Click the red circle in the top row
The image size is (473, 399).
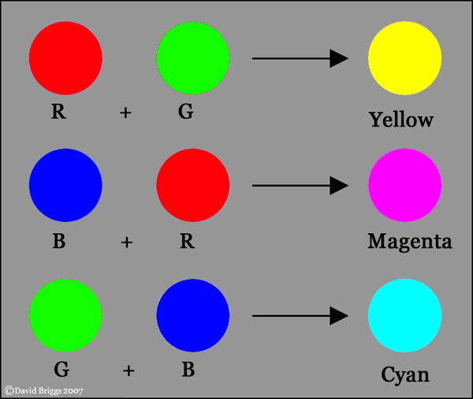point(65,58)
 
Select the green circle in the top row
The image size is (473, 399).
point(193,58)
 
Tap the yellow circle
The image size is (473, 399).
point(405,58)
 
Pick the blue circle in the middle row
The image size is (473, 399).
point(65,186)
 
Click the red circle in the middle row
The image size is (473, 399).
point(193,186)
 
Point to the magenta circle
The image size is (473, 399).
point(405,186)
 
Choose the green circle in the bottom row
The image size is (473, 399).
point(65,315)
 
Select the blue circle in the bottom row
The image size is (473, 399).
point(193,315)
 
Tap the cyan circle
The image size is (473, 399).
point(405,315)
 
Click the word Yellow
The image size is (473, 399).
point(401,120)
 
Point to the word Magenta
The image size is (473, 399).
point(410,242)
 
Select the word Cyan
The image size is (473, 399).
point(405,375)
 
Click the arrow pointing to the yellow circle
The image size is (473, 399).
point(300,58)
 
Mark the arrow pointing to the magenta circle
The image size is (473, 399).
point(300,186)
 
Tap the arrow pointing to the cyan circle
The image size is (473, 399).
point(300,316)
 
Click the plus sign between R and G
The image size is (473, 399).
point(126,113)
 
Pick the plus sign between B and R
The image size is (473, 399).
point(127,243)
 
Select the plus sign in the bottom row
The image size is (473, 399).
point(128,371)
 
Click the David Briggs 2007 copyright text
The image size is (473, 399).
point(44,391)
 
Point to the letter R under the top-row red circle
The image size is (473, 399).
point(58,111)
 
